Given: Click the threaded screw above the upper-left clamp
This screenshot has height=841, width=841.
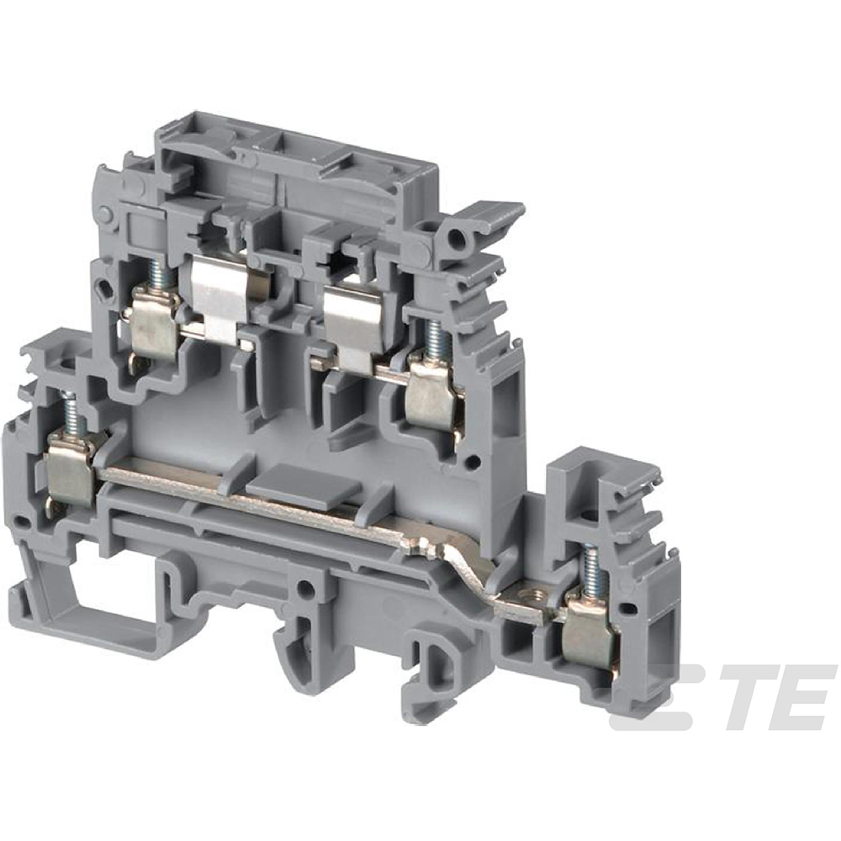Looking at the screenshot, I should (156, 273).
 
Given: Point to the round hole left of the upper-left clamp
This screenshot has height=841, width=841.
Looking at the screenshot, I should (104, 290).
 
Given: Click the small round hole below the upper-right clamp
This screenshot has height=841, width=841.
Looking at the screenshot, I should (473, 460).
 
